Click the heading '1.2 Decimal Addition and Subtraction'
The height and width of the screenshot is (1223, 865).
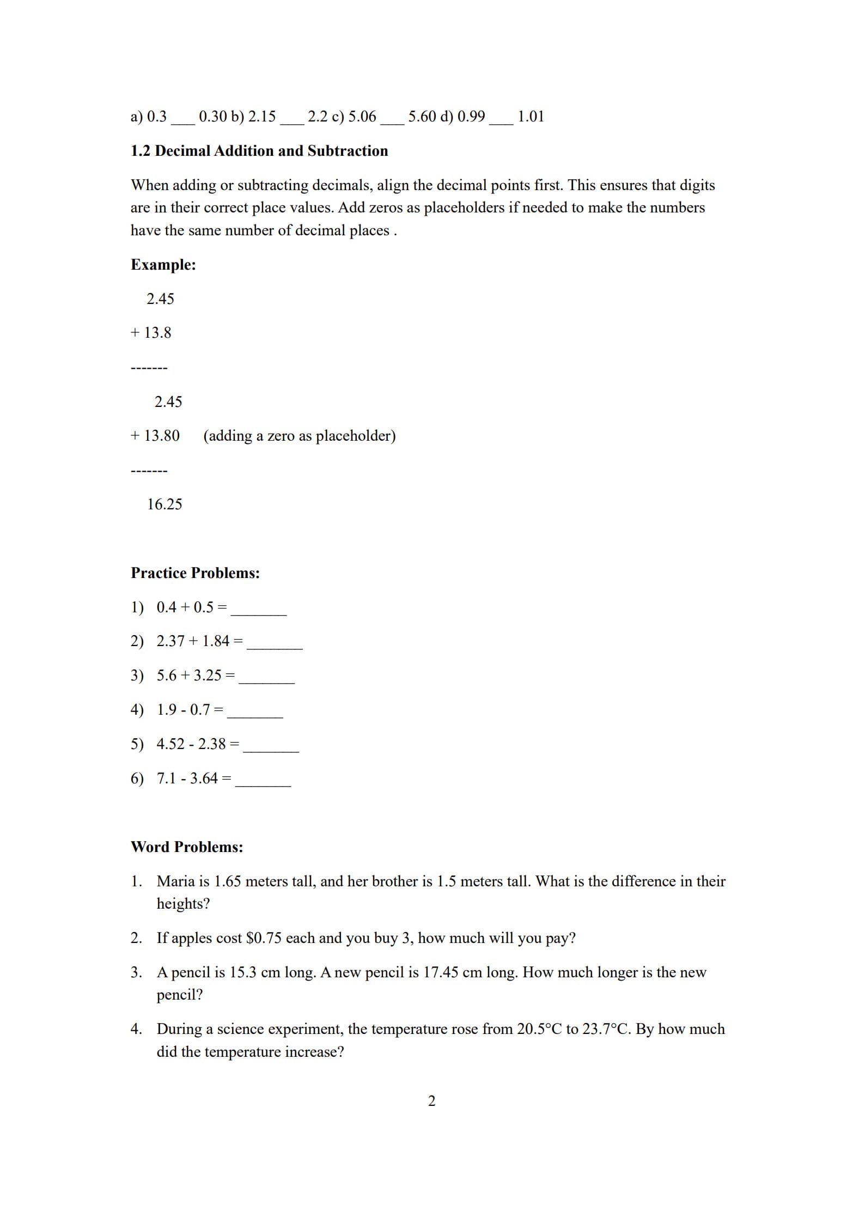click(259, 151)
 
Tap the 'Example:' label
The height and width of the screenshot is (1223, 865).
click(163, 265)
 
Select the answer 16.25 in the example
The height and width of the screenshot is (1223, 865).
click(165, 504)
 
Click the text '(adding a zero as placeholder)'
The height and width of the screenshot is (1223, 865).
click(299, 436)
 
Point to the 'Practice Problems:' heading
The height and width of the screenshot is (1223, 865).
click(195, 573)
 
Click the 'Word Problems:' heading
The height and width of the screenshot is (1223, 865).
click(187, 847)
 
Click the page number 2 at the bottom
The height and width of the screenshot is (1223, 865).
click(432, 1101)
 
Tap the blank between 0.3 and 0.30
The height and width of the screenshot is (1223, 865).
click(182, 120)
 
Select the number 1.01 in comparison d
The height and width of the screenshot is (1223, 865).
click(531, 117)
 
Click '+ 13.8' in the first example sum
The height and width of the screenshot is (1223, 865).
click(151, 333)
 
